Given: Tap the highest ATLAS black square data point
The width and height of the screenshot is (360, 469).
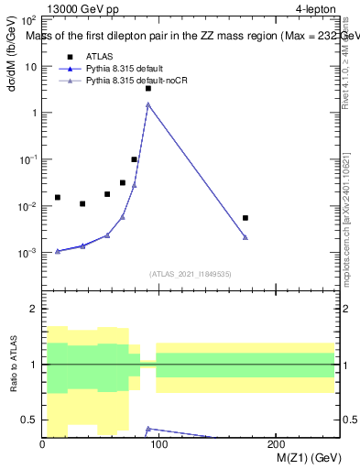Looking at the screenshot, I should click(x=148, y=89).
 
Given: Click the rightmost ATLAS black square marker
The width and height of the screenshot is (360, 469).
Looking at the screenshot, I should click(x=245, y=218).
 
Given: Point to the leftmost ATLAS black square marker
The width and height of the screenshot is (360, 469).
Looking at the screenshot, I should click(x=58, y=197).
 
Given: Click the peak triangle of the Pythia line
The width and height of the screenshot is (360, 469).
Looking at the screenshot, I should click(x=148, y=104).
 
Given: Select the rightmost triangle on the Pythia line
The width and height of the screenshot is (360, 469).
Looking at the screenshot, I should click(x=245, y=237).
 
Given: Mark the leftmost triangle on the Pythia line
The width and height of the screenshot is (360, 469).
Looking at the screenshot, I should click(x=58, y=251).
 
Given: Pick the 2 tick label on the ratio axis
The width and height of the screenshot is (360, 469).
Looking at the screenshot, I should click(x=35, y=309).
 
